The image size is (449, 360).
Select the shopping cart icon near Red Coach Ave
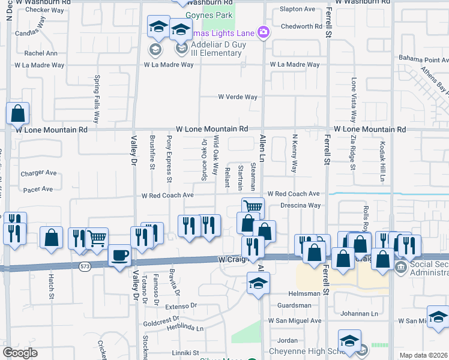pyautogui.click(x=253, y=207)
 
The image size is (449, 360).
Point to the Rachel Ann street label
pyautogui.click(x=41, y=53)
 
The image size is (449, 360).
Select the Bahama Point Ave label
pyautogui.click(x=423, y=59)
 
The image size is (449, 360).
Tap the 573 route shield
pyautogui.click(x=83, y=266)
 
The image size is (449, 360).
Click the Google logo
pyautogui.click(x=20, y=353)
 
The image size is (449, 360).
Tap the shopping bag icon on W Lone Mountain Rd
pyautogui.click(x=18, y=112)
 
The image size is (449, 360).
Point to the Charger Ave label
pyautogui.click(x=38, y=173)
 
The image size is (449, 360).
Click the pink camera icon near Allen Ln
pyautogui.click(x=262, y=32)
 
